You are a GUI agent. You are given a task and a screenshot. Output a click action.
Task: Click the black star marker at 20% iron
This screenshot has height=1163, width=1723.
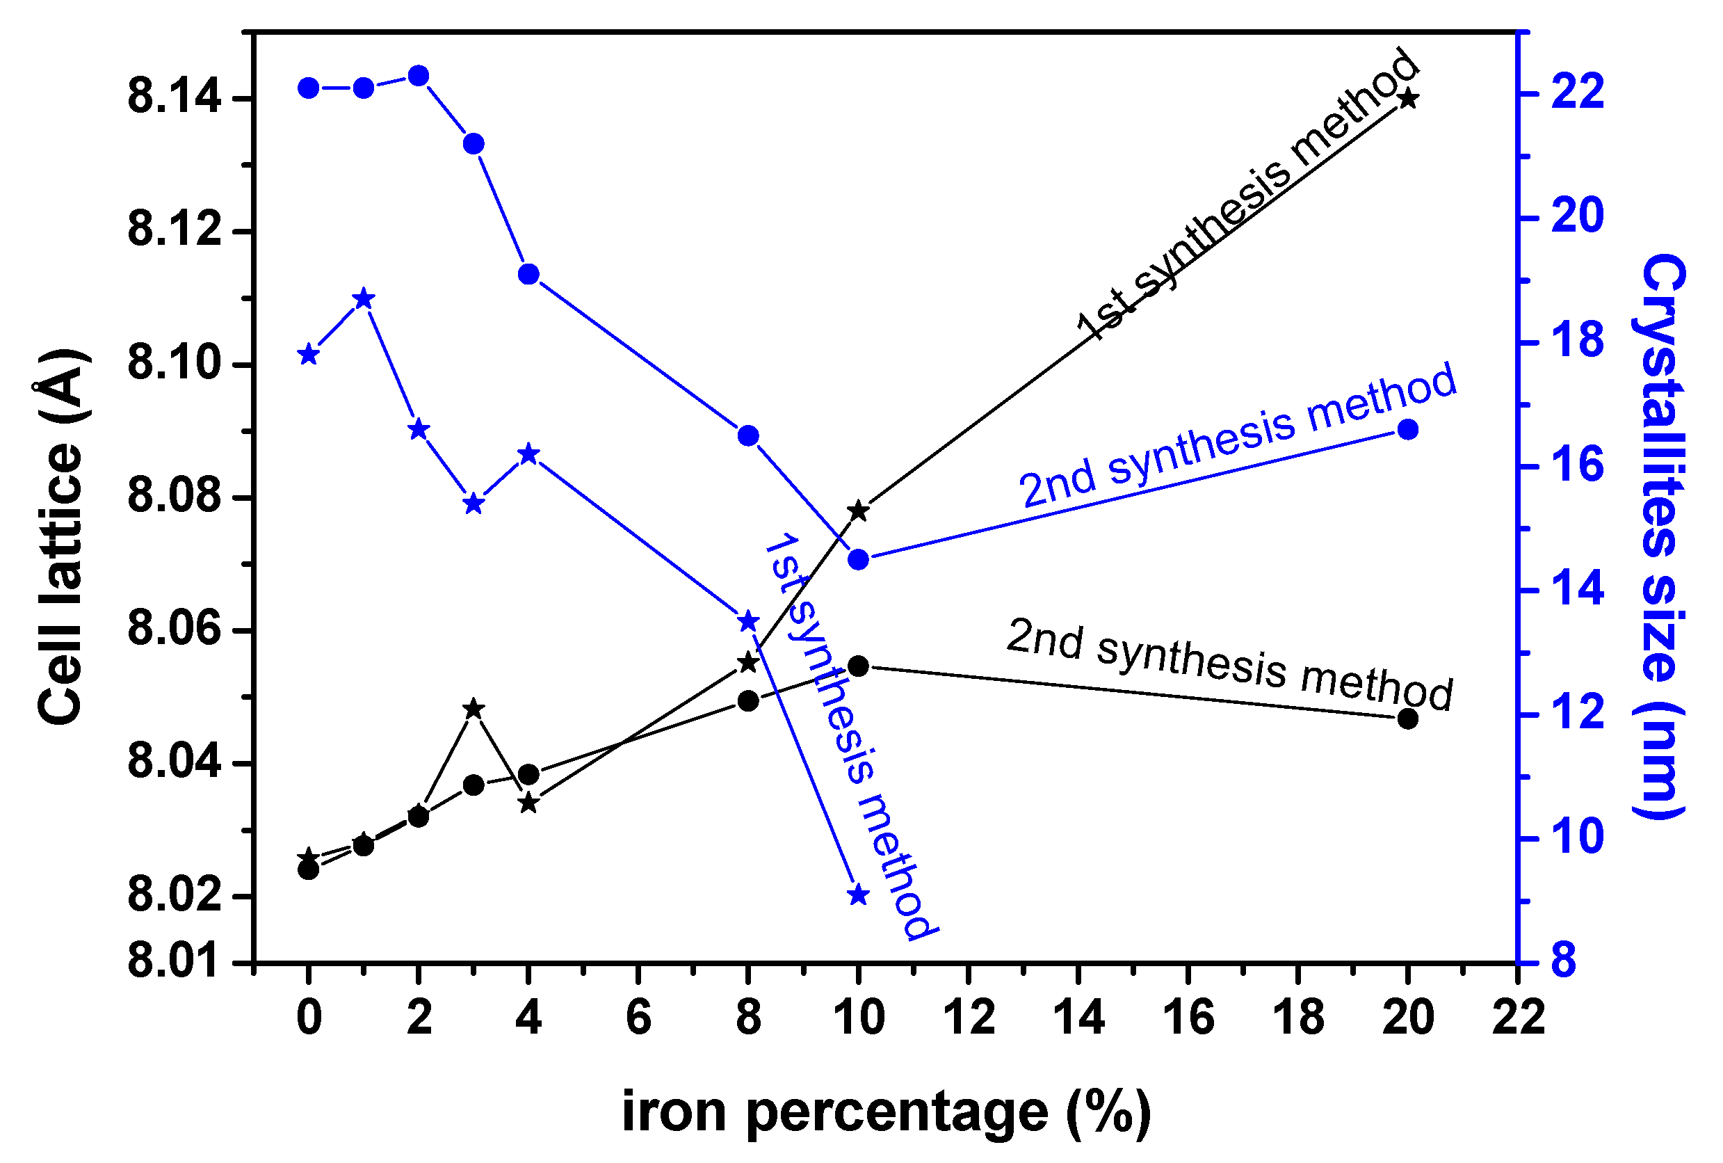pos(1409,99)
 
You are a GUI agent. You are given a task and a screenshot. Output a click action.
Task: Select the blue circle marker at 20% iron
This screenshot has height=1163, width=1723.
pos(1408,429)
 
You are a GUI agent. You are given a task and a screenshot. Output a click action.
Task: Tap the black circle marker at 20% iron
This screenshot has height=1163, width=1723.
pos(1408,719)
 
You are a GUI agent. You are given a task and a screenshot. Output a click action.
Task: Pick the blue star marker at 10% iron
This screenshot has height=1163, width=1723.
pos(859,895)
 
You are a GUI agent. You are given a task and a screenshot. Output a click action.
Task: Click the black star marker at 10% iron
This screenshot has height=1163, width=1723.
pos(859,511)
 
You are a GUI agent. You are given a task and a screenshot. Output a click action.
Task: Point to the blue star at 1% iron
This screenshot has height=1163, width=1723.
pos(363,299)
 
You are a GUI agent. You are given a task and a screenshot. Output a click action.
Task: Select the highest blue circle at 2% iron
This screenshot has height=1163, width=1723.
pos(419,76)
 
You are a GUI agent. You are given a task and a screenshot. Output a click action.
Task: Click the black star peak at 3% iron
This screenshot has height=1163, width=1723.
pos(474,709)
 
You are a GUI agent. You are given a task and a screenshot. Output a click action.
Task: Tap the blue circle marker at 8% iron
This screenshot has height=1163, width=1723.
pos(749,435)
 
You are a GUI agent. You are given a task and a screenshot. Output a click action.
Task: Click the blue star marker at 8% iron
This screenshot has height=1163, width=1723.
pos(749,622)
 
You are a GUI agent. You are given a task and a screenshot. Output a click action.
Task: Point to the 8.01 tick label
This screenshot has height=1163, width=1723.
pos(175,961)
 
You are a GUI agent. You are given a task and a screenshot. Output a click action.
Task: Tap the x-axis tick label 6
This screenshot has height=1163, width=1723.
pos(638,1018)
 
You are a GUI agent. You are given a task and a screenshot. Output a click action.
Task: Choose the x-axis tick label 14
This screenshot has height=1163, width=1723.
pos(1078,1018)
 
